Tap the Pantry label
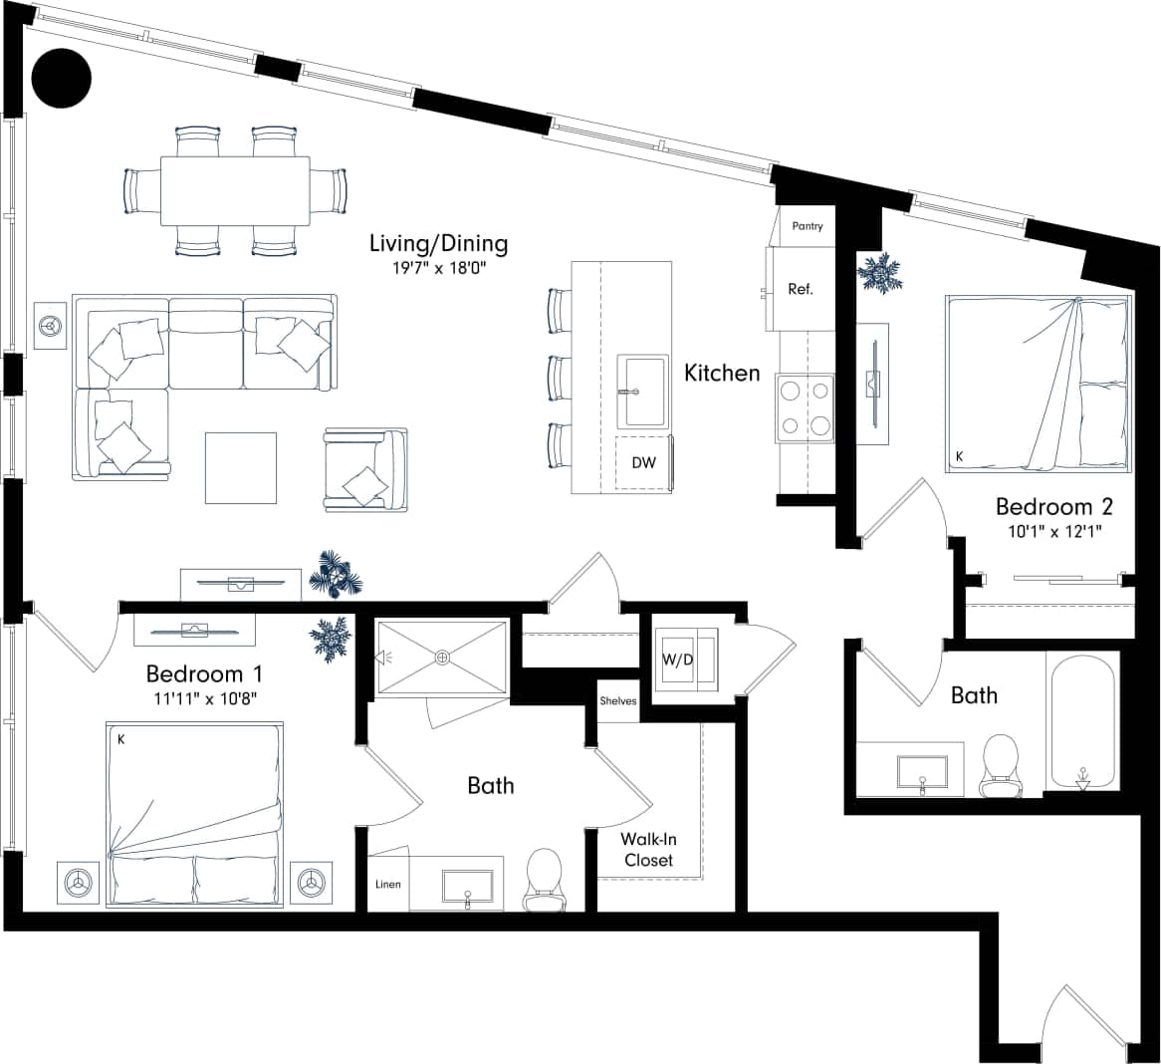tap(808, 226)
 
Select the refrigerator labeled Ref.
tap(801, 290)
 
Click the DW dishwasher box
tap(643, 463)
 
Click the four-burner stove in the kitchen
tap(806, 409)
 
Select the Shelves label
tap(617, 700)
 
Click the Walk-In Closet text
tap(648, 850)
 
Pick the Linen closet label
tap(387, 884)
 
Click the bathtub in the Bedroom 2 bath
tap(1081, 720)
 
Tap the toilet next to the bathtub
tap(1000, 764)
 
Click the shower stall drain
tap(442, 657)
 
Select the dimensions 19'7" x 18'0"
tap(439, 267)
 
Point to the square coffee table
tap(241, 467)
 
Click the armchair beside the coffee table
tap(365, 470)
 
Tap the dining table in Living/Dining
tap(234, 191)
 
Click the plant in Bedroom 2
tap(879, 272)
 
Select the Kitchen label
tap(722, 373)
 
